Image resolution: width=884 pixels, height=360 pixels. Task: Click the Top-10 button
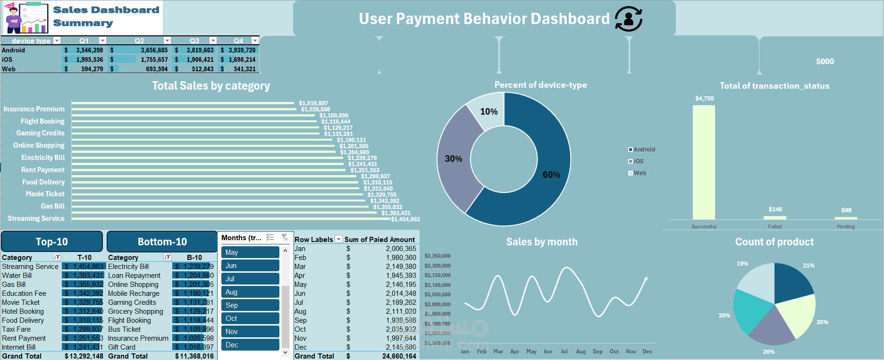point(52,242)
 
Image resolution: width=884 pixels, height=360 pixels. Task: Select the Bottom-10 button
point(162,242)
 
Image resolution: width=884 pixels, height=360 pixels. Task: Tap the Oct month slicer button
point(250,318)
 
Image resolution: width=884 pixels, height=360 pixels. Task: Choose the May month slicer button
point(250,252)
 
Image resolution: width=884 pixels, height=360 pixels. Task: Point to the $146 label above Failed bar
point(775,209)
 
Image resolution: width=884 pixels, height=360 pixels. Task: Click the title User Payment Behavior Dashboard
point(484,19)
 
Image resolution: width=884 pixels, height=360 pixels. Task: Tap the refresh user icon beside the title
point(629,19)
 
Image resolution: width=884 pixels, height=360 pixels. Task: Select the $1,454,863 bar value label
point(405,219)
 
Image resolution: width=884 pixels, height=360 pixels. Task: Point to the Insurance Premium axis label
point(34,109)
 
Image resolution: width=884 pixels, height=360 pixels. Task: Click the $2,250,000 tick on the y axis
point(438,256)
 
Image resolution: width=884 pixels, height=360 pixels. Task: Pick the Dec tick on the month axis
point(647,352)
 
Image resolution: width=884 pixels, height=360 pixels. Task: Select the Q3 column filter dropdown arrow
point(213,41)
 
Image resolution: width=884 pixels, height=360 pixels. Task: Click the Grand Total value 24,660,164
point(399,356)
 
